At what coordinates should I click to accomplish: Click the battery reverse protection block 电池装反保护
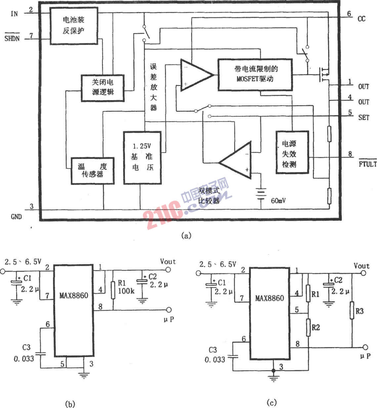coord(73,25)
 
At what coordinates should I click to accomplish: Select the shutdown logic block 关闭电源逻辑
coord(103,87)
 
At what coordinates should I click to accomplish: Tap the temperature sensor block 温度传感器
coord(93,170)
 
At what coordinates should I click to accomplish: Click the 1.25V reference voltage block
coord(142,158)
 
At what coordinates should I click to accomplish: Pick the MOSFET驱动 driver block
coord(255,74)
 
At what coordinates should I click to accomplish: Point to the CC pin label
coord(361,19)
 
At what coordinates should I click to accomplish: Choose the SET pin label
coord(363,117)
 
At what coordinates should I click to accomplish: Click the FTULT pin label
coord(367,163)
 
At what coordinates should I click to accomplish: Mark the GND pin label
coord(16,217)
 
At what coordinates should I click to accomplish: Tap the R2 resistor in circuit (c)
coord(308,327)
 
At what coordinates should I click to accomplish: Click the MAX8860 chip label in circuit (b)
coord(74,295)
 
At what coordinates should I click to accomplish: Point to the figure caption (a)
coord(186,236)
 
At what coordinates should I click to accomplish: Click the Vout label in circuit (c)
coord(361,266)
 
